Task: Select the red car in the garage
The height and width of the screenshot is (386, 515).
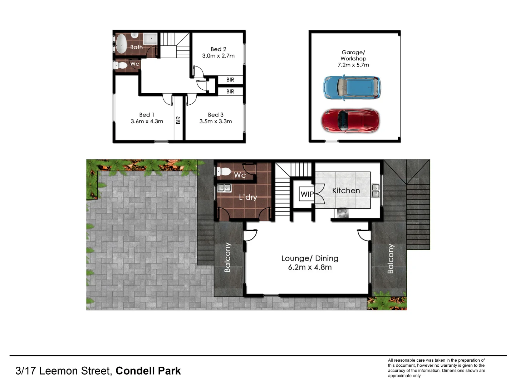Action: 350,121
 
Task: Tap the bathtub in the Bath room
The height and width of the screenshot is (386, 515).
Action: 122,44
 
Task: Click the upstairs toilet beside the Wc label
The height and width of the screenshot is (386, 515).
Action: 122,65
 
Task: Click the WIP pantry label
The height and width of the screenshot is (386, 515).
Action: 307,194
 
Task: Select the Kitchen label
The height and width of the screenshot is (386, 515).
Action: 346,190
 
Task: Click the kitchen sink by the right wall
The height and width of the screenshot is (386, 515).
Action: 375,190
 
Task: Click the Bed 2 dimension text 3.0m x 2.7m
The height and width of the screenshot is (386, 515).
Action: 218,56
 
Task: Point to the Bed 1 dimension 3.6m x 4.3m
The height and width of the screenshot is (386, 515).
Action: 147,122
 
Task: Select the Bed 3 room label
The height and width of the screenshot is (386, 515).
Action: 216,115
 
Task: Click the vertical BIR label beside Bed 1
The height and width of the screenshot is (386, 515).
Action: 178,120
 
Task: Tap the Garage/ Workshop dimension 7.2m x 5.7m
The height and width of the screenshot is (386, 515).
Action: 353,65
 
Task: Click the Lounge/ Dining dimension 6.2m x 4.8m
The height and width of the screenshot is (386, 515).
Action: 310,267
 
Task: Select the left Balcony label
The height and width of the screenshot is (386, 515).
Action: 227,257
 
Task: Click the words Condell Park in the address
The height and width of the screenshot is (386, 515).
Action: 148,371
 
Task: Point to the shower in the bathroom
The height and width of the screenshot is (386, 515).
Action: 151,38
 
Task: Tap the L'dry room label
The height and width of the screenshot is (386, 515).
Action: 248,197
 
